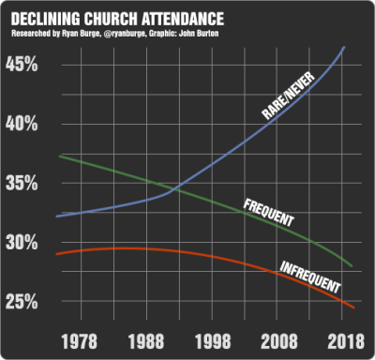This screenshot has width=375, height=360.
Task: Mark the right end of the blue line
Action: pos(344,46)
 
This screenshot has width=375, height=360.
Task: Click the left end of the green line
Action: pos(58,156)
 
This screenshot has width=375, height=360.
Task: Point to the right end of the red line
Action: pos(353,307)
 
